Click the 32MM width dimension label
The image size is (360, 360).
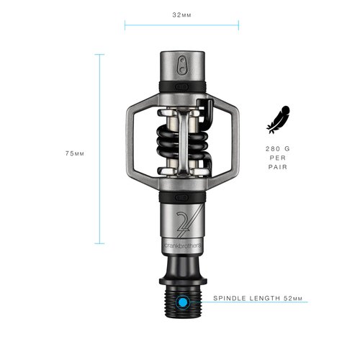pos(181,14)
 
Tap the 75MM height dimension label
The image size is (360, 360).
pos(75,154)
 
